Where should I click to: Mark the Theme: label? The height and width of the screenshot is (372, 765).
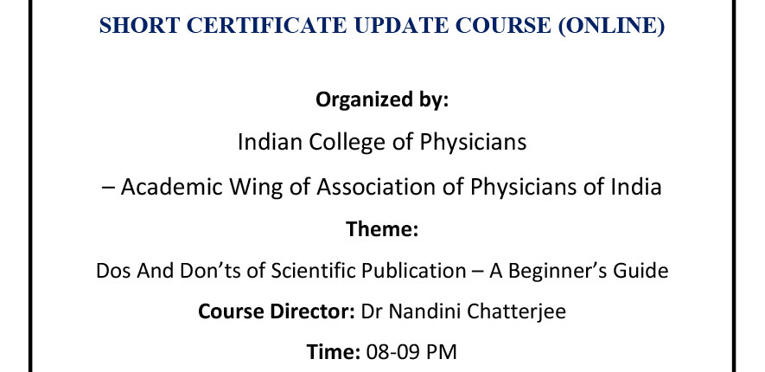tap(382, 229)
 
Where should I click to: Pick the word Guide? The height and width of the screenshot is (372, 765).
tap(644, 271)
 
